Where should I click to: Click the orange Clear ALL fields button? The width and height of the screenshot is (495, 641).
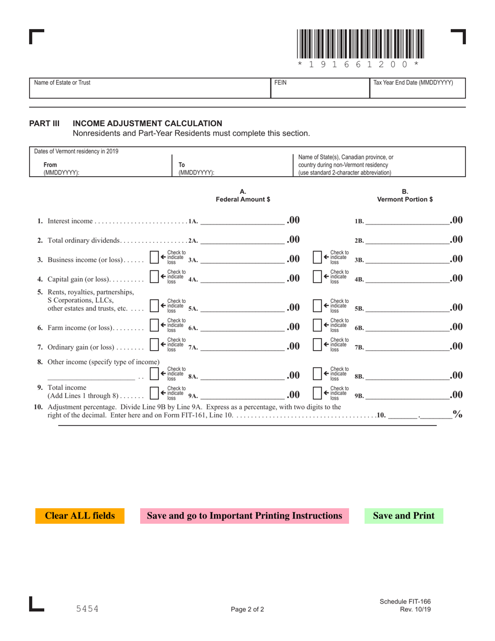pos(80,516)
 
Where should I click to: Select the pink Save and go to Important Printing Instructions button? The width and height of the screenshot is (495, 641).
pos(244,516)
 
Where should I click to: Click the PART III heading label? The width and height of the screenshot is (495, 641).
pos(44,124)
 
